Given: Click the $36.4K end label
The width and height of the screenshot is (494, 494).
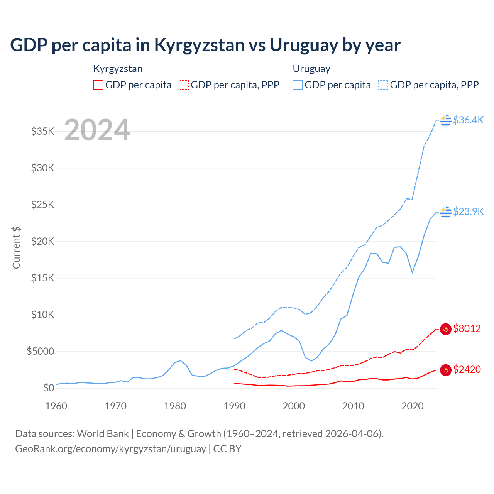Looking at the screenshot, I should point(468,120).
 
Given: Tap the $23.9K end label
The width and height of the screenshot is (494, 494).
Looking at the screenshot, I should point(468,211).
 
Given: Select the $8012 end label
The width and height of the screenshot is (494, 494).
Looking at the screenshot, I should point(467,328).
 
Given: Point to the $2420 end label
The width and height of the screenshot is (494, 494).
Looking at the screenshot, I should point(467,369).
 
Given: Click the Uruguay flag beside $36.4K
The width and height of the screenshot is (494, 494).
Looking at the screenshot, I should point(446,120).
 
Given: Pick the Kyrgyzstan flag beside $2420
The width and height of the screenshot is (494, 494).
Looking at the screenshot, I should point(446,370).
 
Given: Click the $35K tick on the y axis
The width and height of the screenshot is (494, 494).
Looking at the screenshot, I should point(43,131).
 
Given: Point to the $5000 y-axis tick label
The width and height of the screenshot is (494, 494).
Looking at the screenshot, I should point(41,351).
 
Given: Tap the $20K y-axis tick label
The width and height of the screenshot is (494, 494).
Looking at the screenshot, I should point(43,241).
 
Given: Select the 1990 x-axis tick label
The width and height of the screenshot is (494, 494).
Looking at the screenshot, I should point(234,406).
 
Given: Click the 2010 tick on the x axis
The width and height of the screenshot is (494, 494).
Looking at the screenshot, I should point(353,406).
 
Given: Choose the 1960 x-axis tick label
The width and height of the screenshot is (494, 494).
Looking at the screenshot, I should point(56,406).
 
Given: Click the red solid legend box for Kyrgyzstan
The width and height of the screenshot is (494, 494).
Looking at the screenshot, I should point(98,85).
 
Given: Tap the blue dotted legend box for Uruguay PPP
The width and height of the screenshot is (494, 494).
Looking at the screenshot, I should point(383,85).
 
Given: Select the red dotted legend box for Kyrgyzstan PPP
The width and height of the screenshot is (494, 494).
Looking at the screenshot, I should point(184,85).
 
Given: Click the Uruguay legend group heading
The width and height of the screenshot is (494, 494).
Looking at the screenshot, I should point(311,69).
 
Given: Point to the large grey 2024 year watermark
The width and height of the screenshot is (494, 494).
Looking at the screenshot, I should point(97,130).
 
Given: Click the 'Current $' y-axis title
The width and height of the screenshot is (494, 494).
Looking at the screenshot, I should point(16,248).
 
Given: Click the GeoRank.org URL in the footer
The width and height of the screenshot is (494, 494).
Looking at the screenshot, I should point(111,449).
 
